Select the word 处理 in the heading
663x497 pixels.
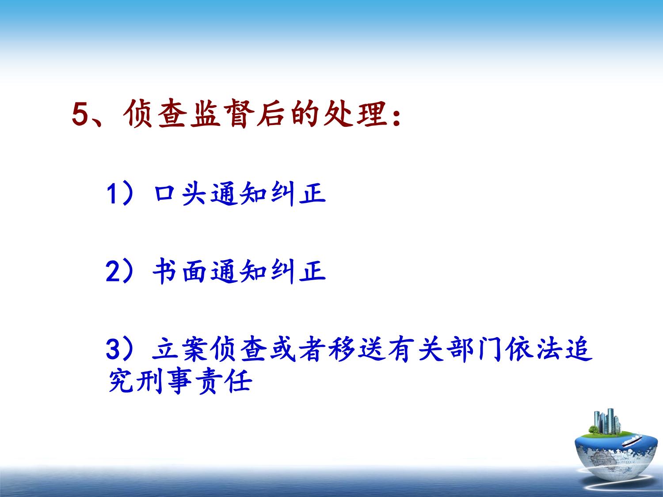355,114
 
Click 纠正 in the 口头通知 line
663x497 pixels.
298,193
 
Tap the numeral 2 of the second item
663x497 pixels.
113,271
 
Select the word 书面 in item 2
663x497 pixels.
180,271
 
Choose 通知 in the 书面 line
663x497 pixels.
239,271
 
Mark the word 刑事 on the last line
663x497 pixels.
164,381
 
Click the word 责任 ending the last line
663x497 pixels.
224,381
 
